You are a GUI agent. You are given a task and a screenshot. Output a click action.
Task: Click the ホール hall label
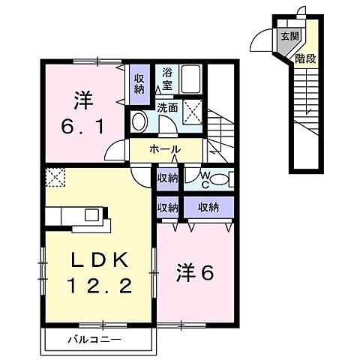pos(165,150)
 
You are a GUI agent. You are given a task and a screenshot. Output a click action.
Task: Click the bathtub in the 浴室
pos(190,78)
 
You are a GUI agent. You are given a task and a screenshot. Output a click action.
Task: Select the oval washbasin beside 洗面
pos(139,121)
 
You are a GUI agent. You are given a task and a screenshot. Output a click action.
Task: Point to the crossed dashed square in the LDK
pos(55,178)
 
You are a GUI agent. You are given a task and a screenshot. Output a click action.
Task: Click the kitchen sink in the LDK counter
pos(91,215)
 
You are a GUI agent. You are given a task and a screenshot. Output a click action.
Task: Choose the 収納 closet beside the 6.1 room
pos(139,81)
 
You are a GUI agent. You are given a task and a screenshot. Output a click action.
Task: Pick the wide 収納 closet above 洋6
pos(209,206)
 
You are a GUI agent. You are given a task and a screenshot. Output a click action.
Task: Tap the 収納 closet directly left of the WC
pos(167,178)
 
